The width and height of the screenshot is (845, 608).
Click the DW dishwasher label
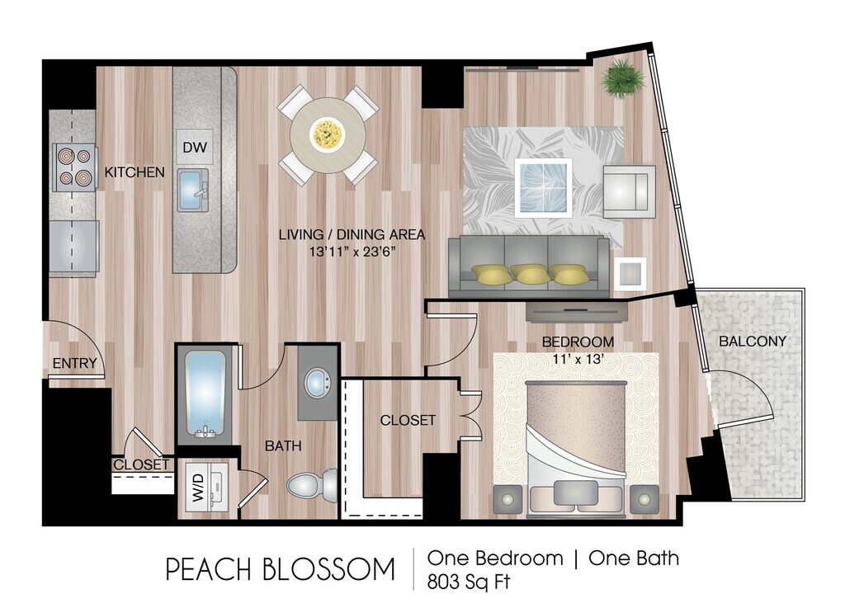(x=195, y=147)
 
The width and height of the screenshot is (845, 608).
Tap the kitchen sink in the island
(x=193, y=190)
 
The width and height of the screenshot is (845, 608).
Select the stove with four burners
(x=73, y=167)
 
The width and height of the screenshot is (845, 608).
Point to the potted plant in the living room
(x=623, y=78)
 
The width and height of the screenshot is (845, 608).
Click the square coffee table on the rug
(x=543, y=187)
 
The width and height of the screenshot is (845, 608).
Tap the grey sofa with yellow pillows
(x=529, y=266)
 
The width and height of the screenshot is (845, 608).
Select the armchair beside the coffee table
(x=629, y=191)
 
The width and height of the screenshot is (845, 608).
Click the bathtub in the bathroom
(x=205, y=394)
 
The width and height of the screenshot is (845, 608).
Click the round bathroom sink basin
(x=319, y=382)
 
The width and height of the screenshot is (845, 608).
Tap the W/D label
(x=198, y=487)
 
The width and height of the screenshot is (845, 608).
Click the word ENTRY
(x=74, y=364)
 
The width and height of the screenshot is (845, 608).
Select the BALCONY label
(x=753, y=341)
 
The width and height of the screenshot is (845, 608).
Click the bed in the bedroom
(x=576, y=446)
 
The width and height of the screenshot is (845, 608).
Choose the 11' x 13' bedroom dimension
(x=577, y=359)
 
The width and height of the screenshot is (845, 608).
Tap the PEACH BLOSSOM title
(x=281, y=570)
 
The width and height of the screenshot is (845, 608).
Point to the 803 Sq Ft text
(x=469, y=582)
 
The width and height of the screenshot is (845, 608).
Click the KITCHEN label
(x=135, y=172)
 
